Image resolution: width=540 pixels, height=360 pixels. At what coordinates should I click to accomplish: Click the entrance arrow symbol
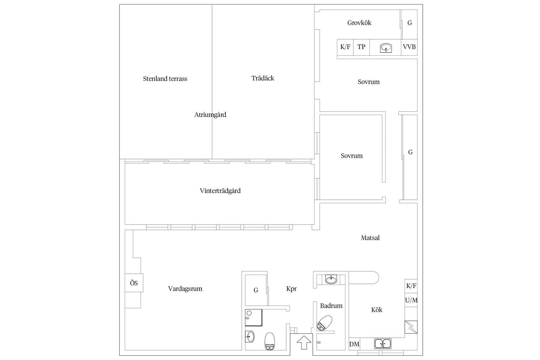tap(304, 342)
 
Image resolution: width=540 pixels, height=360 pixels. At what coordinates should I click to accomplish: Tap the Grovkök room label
tap(359, 23)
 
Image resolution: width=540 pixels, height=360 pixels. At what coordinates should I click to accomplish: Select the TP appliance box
tap(361, 47)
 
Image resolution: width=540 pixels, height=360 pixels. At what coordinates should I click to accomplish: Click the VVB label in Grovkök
tap(409, 47)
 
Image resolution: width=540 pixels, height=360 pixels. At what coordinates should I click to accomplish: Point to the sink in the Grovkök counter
tap(386, 48)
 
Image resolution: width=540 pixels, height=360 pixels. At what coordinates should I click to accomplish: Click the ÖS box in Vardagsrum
tap(134, 283)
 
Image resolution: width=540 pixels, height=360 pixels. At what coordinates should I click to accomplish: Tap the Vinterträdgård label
tap(220, 191)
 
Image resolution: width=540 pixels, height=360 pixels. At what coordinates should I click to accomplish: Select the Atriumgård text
tap(210, 115)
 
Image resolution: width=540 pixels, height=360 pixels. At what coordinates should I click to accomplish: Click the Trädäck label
tap(263, 78)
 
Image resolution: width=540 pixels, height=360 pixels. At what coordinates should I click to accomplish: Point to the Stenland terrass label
tap(165, 79)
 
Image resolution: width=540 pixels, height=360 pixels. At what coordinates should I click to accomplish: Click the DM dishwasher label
tap(354, 344)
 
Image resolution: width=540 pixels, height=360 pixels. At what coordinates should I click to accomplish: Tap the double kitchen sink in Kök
tap(383, 344)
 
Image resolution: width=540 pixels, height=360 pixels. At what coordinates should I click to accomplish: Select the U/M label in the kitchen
tap(411, 300)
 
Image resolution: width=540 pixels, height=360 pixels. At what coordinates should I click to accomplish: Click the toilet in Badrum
tap(324, 323)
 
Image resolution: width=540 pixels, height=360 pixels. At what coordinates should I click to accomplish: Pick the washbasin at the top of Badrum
tap(331, 279)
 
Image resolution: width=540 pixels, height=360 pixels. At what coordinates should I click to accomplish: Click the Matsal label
tap(370, 238)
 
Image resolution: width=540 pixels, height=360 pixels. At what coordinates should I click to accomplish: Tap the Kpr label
tap(292, 289)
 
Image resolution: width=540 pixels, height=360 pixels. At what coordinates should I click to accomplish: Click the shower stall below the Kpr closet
tap(254, 317)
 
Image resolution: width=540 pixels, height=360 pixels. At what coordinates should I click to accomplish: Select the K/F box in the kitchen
tap(411, 286)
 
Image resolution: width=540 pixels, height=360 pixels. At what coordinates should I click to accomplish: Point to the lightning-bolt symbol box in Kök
tap(411, 327)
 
